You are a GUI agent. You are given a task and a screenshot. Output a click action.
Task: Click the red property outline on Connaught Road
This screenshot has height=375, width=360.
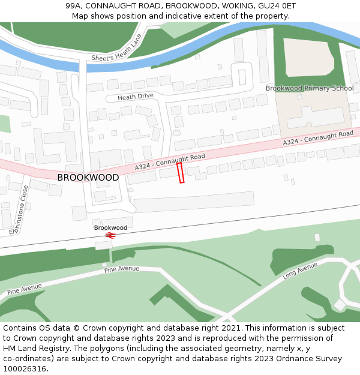[181, 173]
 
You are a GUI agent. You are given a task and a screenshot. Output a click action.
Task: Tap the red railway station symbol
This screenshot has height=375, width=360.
[110, 235]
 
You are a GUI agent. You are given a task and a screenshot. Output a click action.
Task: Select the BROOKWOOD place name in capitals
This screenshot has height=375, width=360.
[88, 178]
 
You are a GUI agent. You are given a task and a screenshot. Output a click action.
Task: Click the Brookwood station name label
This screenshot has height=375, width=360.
[110, 227]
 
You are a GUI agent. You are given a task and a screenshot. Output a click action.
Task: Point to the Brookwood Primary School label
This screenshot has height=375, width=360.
[310, 88]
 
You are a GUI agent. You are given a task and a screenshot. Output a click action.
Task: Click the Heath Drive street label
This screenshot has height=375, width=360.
[136, 96]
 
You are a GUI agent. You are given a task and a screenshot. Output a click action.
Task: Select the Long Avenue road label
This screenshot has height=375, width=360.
[300, 271]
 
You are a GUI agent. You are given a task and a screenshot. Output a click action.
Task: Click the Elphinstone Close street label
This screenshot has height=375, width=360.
[19, 209]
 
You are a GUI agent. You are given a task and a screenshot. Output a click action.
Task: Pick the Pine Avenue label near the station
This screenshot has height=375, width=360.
[121, 269]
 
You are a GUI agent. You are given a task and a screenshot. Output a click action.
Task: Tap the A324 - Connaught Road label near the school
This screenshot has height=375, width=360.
[318, 139]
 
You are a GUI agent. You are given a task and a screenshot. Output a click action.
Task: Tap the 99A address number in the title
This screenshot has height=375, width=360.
[75, 5]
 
